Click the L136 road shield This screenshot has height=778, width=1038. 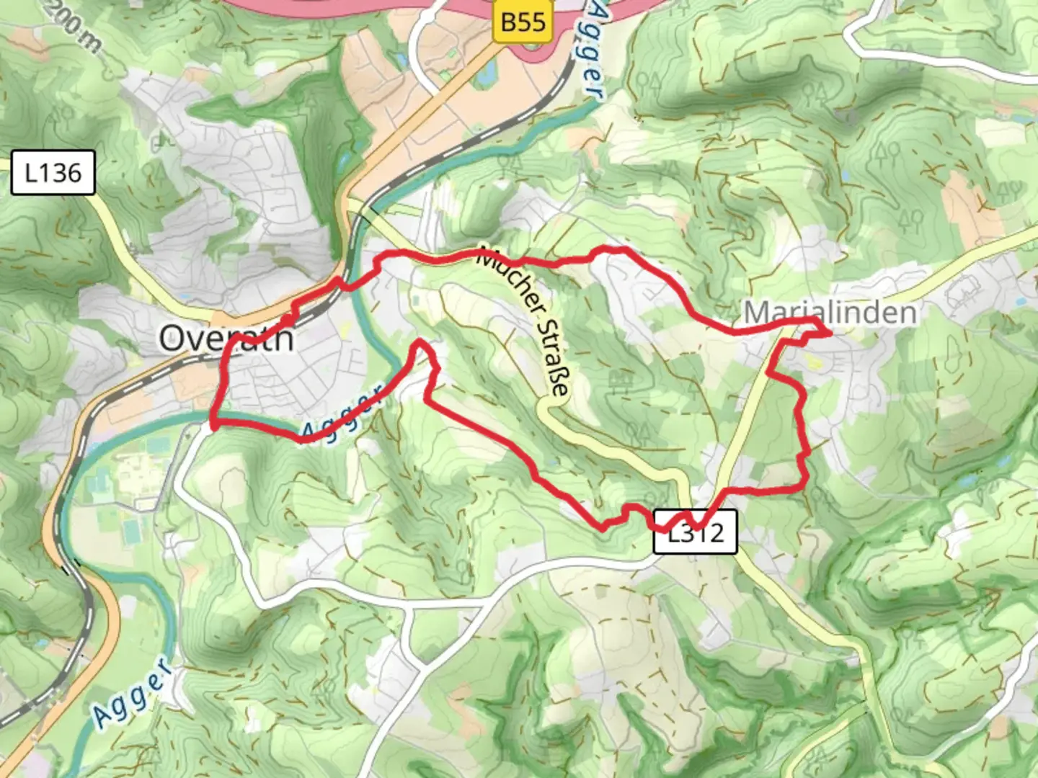(53, 173)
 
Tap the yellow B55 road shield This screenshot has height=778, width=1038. (523, 22)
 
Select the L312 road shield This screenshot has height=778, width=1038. (695, 532)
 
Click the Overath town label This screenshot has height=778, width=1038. (226, 338)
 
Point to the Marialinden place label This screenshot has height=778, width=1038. (830, 313)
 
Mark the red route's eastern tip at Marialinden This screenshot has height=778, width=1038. (830, 333)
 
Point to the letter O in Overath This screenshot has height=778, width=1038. (172, 339)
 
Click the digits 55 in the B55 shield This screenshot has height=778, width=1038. (534, 22)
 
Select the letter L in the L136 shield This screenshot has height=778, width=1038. (31, 173)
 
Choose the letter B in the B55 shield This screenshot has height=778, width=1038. (509, 22)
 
